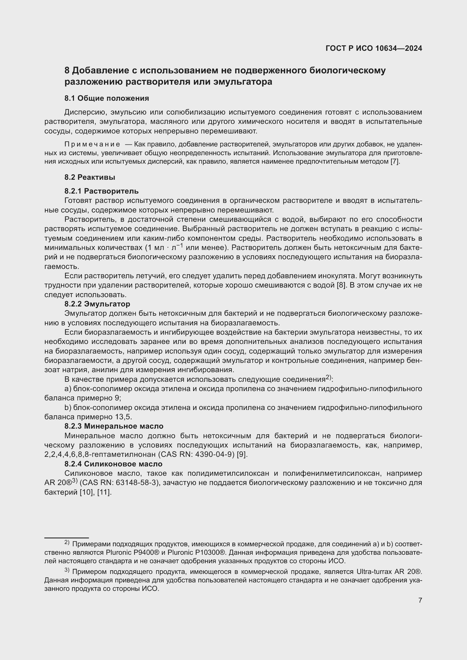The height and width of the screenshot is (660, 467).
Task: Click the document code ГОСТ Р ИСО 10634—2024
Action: [374, 48]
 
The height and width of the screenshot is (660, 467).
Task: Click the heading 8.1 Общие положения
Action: [106, 98]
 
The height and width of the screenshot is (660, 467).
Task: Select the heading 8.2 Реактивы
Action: [90, 177]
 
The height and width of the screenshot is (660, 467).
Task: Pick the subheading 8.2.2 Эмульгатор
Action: [97, 304]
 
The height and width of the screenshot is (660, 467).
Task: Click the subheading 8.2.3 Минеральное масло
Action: [114, 426]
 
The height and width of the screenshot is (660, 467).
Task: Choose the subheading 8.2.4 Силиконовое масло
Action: [113, 464]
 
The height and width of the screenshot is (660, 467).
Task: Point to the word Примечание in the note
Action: [92, 144]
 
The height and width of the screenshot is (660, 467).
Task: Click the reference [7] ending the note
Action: [394, 162]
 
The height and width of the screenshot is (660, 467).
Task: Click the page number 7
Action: [420, 600]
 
